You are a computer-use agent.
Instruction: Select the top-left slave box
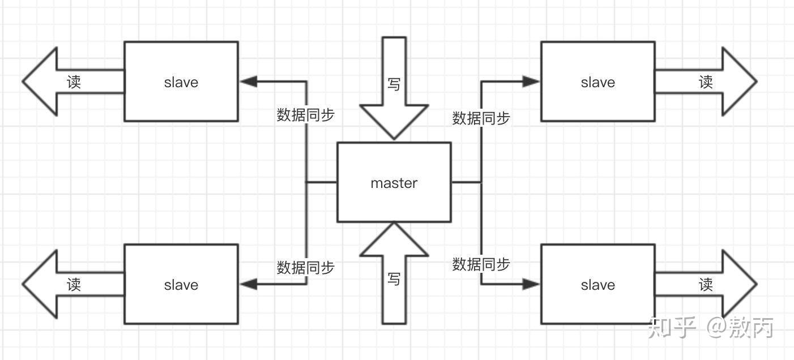coord(181,82)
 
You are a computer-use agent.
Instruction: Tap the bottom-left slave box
coord(181,284)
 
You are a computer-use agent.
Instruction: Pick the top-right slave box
coord(597,82)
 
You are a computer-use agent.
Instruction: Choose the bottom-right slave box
coord(597,284)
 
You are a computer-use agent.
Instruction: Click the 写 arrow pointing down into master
coord(394,85)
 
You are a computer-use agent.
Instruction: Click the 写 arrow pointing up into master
coord(394,277)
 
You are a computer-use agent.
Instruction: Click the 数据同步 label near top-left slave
coord(305,115)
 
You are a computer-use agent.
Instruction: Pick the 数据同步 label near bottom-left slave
coord(305,267)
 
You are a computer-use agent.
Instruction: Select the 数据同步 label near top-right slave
coord(481,118)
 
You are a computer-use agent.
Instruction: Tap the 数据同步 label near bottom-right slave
coord(481,264)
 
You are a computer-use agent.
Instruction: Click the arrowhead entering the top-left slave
coord(248,82)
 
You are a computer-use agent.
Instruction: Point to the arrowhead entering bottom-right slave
coord(531,284)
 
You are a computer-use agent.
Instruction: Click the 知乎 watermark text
coord(672,327)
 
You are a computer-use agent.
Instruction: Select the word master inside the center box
coord(394,183)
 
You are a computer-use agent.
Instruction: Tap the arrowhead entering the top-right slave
coord(531,82)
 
